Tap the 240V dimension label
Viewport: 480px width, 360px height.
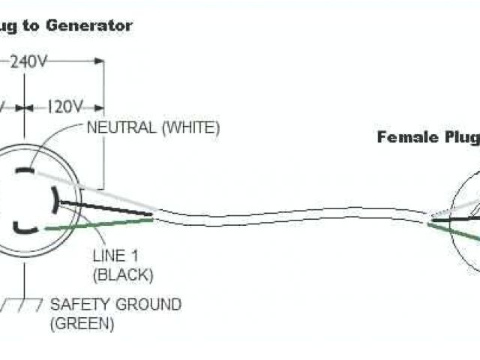[x=28, y=63]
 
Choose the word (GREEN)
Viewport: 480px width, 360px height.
[x=82, y=324]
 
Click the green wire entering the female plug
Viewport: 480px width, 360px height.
[x=461, y=229]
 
